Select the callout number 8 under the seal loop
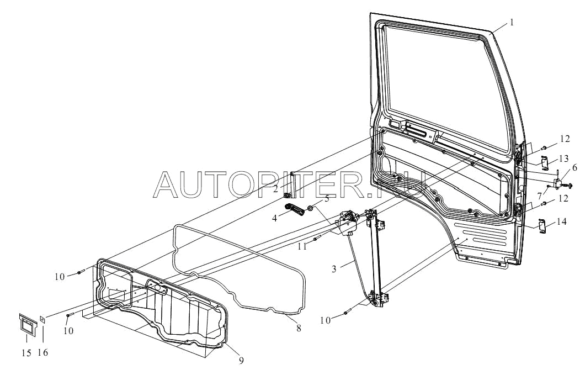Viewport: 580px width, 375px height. pos(299,328)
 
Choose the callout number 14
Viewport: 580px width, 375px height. pos(562,222)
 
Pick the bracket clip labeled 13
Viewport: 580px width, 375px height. pos(543,162)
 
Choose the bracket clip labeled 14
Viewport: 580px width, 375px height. pos(542,225)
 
